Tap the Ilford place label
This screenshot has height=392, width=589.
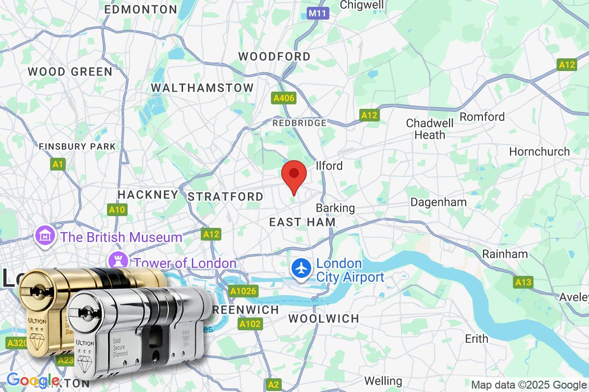pyautogui.click(x=329, y=166)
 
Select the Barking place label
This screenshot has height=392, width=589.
pyautogui.click(x=335, y=208)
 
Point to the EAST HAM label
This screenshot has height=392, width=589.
pyautogui.click(x=302, y=222)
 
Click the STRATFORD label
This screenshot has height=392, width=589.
pyautogui.click(x=226, y=196)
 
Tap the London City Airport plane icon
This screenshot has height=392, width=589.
pyautogui.click(x=300, y=268)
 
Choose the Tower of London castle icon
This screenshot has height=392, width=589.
pyautogui.click(x=118, y=260)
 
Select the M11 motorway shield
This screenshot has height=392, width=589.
pyautogui.click(x=318, y=14)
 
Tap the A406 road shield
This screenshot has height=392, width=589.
pyautogui.click(x=284, y=98)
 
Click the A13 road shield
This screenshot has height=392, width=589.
pyautogui.click(x=523, y=282)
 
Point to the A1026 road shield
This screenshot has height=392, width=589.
pyautogui.click(x=243, y=292)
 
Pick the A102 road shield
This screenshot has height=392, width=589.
pyautogui.click(x=250, y=324)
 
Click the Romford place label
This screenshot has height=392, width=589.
pyautogui.click(x=482, y=117)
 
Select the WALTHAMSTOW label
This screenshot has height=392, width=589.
pyautogui.click(x=202, y=88)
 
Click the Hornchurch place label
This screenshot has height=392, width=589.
pyautogui.click(x=539, y=151)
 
